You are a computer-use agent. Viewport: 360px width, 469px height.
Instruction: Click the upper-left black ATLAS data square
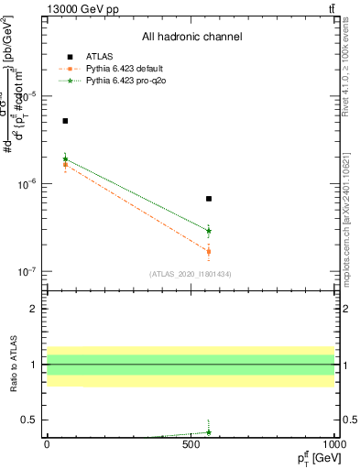coord(65,121)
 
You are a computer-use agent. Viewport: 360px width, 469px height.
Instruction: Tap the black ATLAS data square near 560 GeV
coord(209,199)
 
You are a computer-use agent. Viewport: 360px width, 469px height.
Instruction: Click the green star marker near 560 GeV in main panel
coord(209,231)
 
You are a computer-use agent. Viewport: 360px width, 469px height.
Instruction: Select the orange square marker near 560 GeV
coord(209,251)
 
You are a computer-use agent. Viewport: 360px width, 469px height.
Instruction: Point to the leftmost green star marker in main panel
coord(65,159)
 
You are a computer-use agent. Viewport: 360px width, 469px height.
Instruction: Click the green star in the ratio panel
coord(209,432)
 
